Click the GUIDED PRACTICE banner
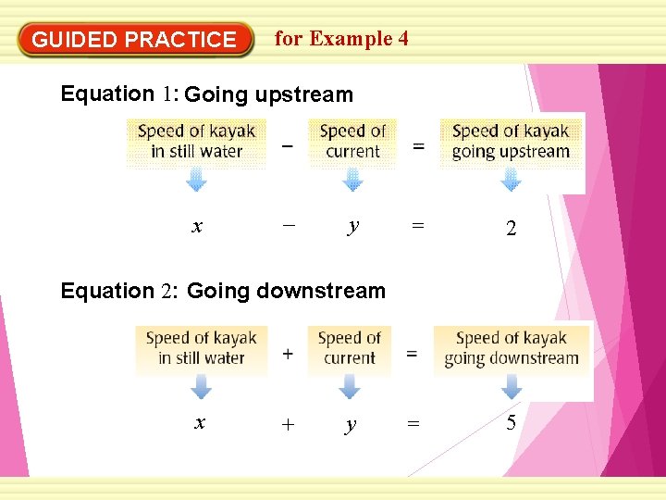coord(135,40)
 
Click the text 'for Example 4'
coord(341,39)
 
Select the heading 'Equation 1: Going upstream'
coord(206,94)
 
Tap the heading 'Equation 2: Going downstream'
coord(223,291)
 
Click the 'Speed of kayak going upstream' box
coord(511,142)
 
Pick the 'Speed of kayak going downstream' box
coord(511,348)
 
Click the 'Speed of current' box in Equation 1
coord(352,142)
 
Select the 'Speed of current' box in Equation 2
coord(350,348)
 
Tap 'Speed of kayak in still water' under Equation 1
coord(196,142)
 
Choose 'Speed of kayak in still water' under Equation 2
coord(201,348)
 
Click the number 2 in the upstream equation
coord(511,229)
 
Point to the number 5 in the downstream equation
coord(511,424)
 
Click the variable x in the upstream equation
coord(196,227)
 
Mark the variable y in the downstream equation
coord(350,425)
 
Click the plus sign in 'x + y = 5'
coord(288,425)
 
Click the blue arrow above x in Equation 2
coord(201,387)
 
